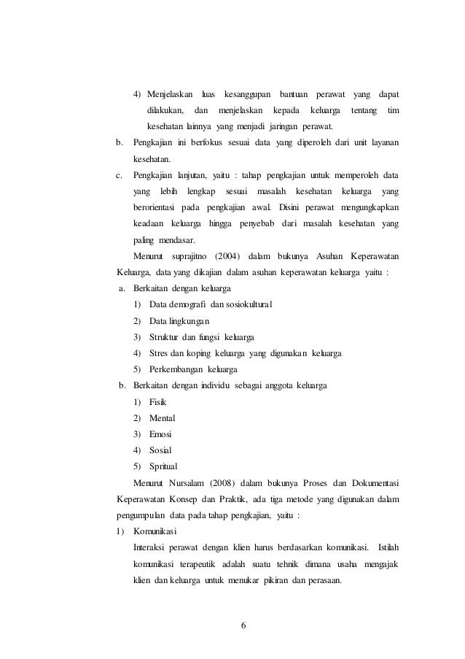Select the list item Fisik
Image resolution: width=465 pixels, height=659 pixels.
[x=157, y=402]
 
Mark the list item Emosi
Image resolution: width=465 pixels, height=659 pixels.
[x=160, y=434]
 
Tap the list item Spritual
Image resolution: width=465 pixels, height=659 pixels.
[x=163, y=466]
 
